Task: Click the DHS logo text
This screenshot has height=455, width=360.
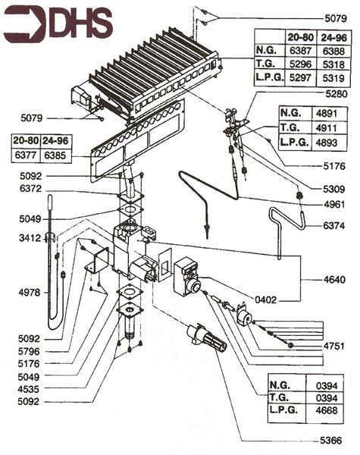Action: [x=80, y=24]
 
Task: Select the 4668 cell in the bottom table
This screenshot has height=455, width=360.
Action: [x=327, y=411]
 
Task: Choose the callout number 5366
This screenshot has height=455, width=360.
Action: [x=330, y=440]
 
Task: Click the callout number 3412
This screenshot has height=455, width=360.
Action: [x=20, y=238]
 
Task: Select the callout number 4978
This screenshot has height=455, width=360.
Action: [x=20, y=291]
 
